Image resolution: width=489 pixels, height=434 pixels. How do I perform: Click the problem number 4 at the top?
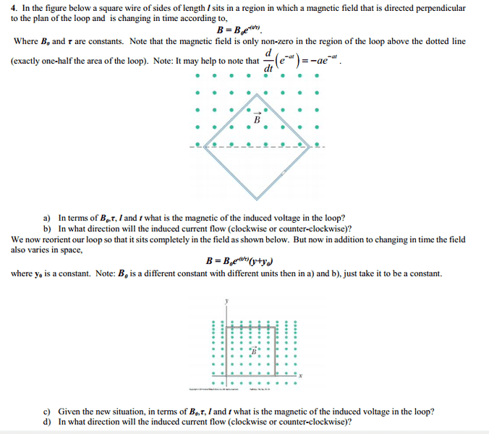[14, 8]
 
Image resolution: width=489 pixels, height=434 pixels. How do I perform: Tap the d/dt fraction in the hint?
[268, 61]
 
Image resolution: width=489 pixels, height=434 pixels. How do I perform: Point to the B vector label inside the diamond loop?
[256, 116]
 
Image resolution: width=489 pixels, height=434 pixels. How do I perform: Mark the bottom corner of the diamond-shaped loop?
[261, 197]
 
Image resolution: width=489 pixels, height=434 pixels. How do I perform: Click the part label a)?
[48, 218]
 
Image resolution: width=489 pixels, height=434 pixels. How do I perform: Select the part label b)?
[48, 228]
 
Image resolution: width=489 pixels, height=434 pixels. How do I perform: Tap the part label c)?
[48, 411]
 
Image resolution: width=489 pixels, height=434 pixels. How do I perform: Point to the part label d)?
[48, 421]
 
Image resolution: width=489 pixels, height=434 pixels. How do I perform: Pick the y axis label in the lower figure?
[226, 300]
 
